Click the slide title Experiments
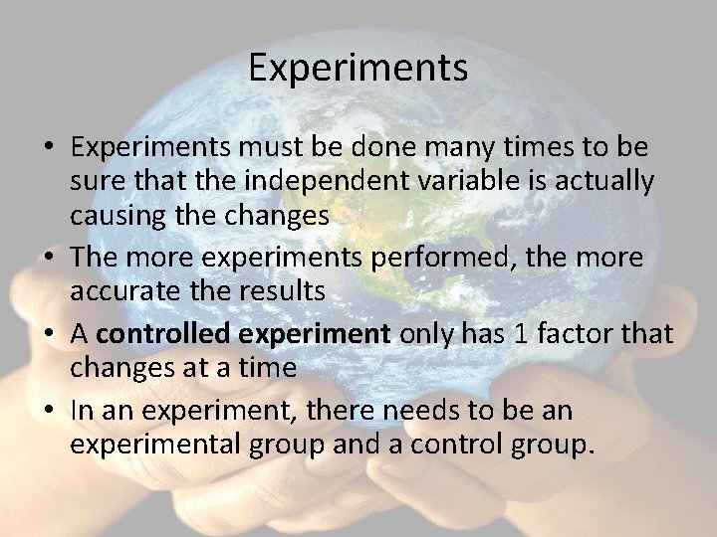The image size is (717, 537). click(x=358, y=68)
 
